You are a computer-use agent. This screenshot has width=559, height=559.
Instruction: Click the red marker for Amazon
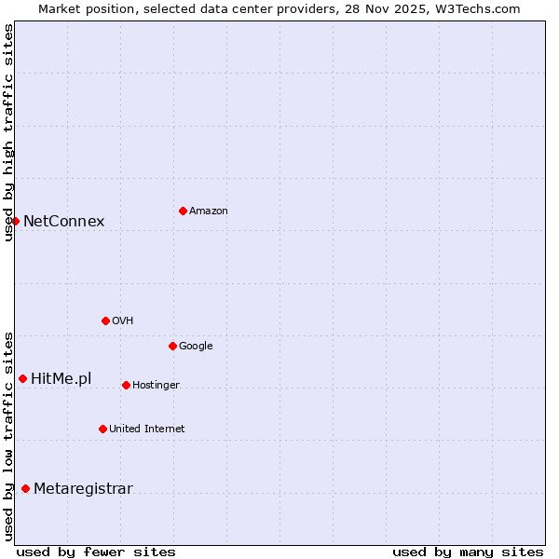click(x=183, y=211)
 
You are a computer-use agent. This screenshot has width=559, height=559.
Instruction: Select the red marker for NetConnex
click(x=16, y=221)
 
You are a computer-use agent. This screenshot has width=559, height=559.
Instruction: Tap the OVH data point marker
click(x=105, y=320)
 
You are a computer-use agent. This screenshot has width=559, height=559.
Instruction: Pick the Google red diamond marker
click(x=172, y=346)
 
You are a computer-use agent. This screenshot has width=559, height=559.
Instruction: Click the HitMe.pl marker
click(x=22, y=378)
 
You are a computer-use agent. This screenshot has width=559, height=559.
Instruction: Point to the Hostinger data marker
click(x=126, y=385)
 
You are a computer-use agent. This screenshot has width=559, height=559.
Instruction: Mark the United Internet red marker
click(x=102, y=429)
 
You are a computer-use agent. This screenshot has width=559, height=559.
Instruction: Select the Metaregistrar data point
click(x=25, y=489)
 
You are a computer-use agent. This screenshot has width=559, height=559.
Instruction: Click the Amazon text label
click(x=209, y=211)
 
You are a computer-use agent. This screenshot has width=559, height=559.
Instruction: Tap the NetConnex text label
click(x=63, y=222)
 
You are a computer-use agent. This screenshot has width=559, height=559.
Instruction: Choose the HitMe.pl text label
click(x=61, y=378)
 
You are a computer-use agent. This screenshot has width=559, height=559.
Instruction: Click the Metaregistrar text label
click(x=83, y=489)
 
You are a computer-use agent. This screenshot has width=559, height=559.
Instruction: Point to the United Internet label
click(x=146, y=429)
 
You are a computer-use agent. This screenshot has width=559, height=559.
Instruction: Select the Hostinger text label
click(x=156, y=386)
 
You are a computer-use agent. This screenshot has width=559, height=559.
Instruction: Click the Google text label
click(x=196, y=347)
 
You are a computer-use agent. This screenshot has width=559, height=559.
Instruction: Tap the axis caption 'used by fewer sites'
click(x=96, y=552)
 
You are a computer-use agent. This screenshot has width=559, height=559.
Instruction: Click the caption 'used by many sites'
click(x=468, y=552)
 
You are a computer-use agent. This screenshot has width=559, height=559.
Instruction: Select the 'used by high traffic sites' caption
click(x=8, y=132)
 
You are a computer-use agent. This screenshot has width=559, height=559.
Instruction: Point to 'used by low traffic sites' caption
click(x=8, y=436)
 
